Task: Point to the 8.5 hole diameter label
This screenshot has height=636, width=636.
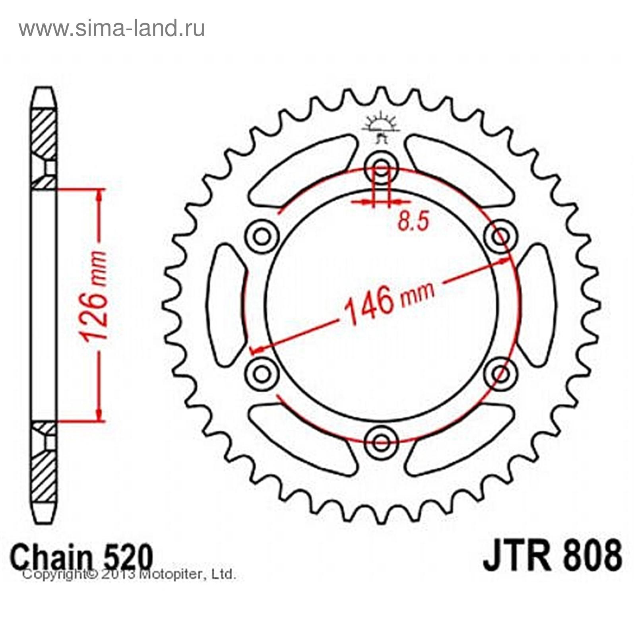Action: coord(413,222)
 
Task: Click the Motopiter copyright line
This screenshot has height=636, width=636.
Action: coord(129,574)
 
